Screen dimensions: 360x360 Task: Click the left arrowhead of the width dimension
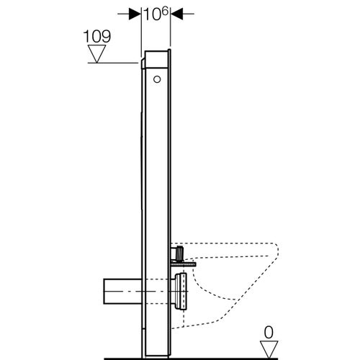[x=134, y=14]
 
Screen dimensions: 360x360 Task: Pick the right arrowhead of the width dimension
[x=176, y=14]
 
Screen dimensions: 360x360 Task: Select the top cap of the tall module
[x=157, y=53]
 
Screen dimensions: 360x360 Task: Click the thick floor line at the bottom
[x=216, y=356]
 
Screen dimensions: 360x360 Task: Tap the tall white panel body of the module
[x=156, y=180]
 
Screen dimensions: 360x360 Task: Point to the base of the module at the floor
[x=156, y=351]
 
